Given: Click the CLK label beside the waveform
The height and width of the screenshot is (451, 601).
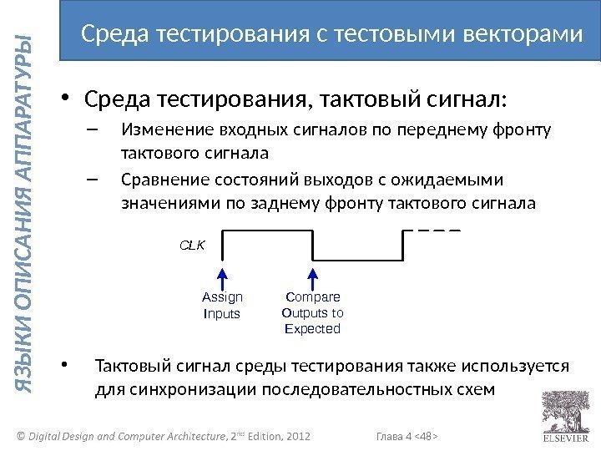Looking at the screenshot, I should tap(193, 246).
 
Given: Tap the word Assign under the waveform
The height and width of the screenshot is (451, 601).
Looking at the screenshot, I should tap(223, 297).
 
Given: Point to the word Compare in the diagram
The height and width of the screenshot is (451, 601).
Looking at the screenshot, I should tap(313, 297).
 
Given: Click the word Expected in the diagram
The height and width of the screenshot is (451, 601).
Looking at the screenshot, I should tap(313, 329).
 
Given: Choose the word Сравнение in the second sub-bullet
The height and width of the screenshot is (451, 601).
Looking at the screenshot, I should tap(159, 181).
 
